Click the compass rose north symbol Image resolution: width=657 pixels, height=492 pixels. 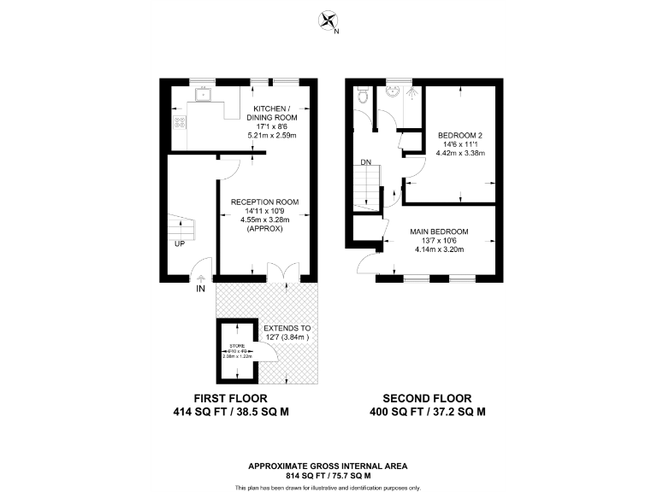tap(328, 21)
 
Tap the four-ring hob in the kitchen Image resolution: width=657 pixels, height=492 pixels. tap(181, 122)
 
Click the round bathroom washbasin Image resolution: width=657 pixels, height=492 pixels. tap(394, 94)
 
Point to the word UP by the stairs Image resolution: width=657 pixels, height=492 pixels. tap(180, 244)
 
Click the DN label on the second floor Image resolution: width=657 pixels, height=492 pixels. tap(365, 161)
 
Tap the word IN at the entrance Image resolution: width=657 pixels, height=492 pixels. tap(200, 290)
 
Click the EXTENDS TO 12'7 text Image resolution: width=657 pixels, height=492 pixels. tap(287, 333)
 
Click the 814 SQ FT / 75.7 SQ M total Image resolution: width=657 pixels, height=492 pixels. tap(328, 474)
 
